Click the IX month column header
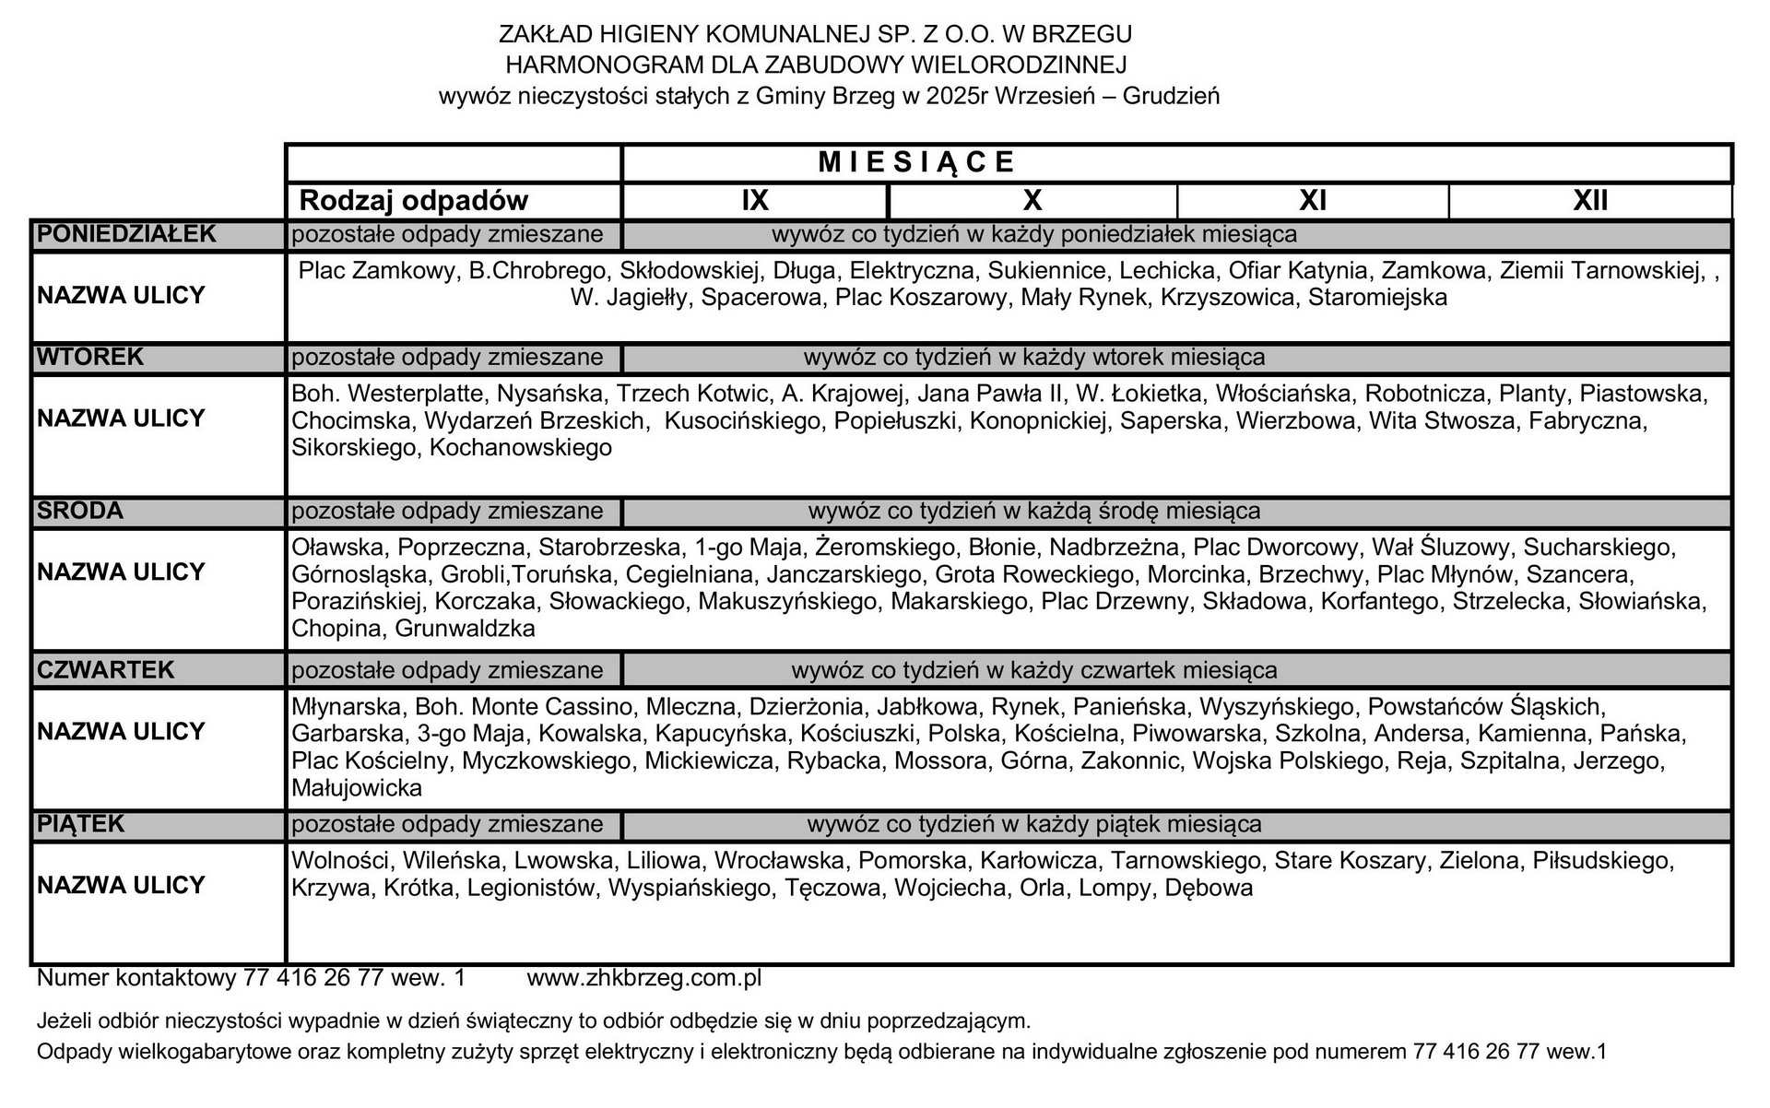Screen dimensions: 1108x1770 pyautogui.click(x=755, y=201)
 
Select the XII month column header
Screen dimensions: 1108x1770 pyautogui.click(x=1590, y=201)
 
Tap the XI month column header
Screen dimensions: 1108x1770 pyautogui.click(x=1312, y=201)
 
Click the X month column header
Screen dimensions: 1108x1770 pyautogui.click(x=1032, y=201)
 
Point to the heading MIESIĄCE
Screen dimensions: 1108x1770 pyautogui.click(x=916, y=162)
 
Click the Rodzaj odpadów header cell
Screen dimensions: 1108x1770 pyautogui.click(x=414, y=201)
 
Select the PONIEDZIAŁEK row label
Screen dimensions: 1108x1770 pyautogui.click(x=126, y=234)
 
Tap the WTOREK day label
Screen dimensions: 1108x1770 pyautogui.click(x=90, y=357)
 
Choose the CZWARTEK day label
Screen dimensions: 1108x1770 pyautogui.click(x=105, y=670)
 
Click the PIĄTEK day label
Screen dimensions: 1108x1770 pyautogui.click(x=80, y=824)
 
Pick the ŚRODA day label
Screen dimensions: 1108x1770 pyautogui.click(x=79, y=511)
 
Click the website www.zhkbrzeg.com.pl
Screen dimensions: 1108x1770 pyautogui.click(x=643, y=978)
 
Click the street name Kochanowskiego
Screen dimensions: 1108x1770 pyautogui.click(x=521, y=448)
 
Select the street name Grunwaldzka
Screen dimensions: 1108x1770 pyautogui.click(x=465, y=629)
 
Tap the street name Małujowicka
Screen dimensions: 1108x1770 pyautogui.click(x=357, y=788)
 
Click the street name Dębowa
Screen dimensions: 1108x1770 pyautogui.click(x=1209, y=888)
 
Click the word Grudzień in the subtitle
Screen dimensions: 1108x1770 pyautogui.click(x=1171, y=96)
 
